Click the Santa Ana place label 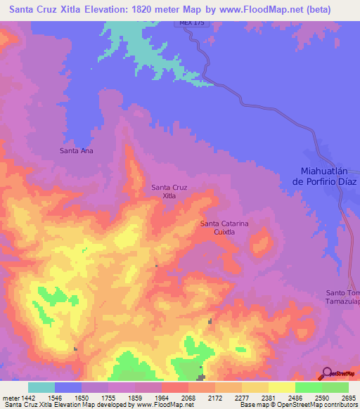tap(77, 150)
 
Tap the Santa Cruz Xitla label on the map tap(169, 191)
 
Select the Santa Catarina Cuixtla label tap(224, 227)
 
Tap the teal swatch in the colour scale tap(41, 387)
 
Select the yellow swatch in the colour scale tap(281, 387)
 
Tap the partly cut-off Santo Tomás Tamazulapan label tap(342, 297)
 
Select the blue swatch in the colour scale tap(68, 387)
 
